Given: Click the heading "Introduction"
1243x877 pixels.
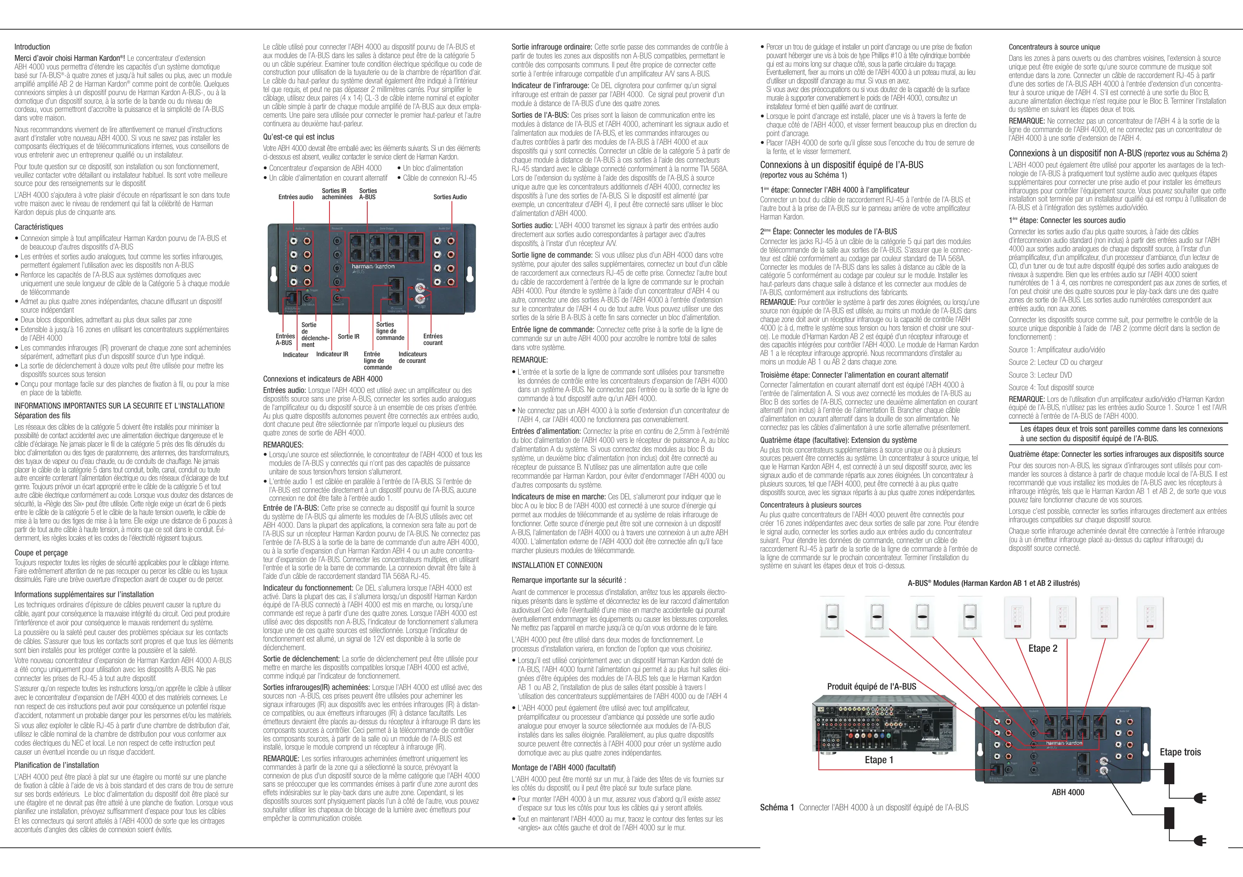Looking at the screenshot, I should coord(32,47).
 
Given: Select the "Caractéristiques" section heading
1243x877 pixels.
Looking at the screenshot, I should coord(39,227).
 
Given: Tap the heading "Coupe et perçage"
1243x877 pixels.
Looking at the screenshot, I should coord(41,553).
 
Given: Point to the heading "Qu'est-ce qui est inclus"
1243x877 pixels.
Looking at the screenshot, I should coord(298,137).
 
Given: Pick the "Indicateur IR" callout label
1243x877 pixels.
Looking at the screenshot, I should coord(332,355).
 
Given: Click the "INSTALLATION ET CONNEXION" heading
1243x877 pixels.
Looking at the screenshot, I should coord(556,565).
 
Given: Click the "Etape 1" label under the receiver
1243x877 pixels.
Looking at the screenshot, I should coord(879,760).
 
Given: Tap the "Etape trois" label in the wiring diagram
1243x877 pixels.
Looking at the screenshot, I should coord(1180,752).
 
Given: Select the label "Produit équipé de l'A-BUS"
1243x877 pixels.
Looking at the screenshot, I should coord(871,686).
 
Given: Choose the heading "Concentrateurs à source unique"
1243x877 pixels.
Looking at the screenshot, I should coord(1054,47).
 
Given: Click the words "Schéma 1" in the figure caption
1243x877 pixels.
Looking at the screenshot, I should coord(776,807).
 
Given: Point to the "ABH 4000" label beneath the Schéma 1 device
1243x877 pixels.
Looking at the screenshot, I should coord(1068,792).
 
